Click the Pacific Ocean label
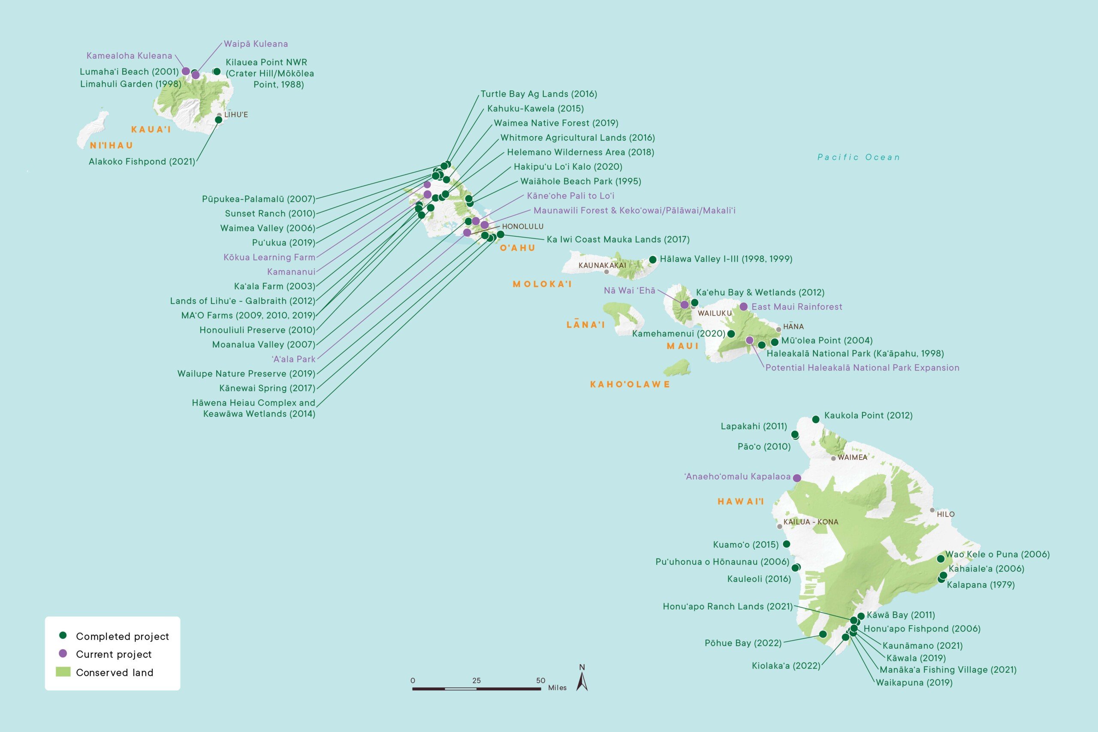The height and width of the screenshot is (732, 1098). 859,157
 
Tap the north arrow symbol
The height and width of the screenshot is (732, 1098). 582,680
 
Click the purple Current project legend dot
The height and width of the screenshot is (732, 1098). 63,654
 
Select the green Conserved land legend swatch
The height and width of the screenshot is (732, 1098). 63,672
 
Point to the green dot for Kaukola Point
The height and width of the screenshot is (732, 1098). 815,419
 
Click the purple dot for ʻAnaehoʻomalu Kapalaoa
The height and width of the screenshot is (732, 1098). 797,478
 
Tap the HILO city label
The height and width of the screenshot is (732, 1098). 945,514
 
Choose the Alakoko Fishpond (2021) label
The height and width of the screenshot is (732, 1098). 142,162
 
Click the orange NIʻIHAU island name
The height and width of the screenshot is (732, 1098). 112,146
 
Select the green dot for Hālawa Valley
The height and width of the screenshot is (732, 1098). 653,259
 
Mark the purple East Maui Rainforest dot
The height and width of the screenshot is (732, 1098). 744,307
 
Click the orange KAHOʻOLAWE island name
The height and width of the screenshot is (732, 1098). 630,385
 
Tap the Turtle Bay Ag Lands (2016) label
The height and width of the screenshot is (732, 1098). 539,94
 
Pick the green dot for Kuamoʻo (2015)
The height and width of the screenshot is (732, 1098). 786,544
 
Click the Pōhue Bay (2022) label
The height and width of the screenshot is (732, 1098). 743,643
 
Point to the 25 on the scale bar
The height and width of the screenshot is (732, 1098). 476,681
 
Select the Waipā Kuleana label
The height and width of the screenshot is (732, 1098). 256,44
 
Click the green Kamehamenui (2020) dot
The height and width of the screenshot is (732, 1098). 731,334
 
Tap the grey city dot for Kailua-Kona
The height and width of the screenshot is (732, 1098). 779,527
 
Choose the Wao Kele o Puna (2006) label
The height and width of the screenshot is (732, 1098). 997,554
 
